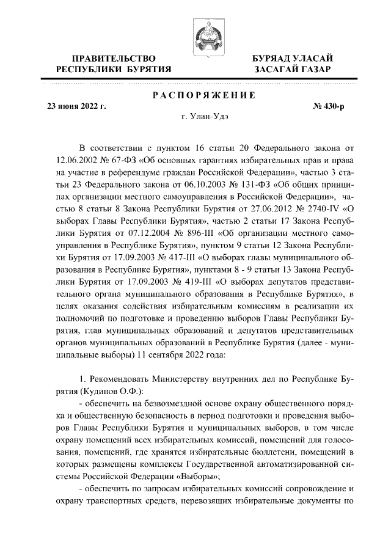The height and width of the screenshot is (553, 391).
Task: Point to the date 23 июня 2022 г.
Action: click(77, 106)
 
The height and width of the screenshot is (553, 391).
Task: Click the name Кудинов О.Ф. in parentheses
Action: click(112, 390)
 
